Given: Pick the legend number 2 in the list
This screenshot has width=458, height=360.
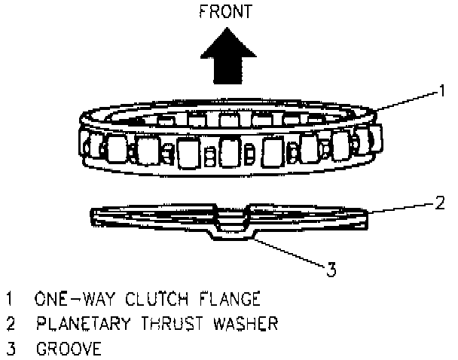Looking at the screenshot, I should (9, 324).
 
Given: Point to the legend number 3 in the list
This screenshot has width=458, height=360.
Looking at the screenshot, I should (9, 349).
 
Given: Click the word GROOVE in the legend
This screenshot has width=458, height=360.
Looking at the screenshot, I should (67, 349).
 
